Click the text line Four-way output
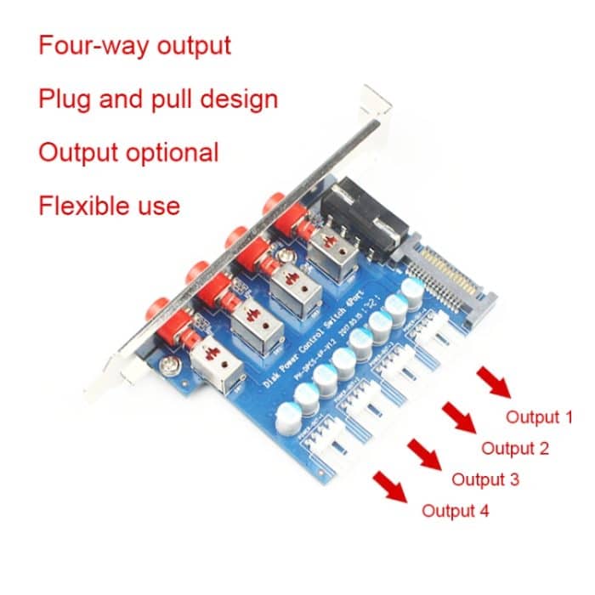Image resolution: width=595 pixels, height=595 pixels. click(x=134, y=45)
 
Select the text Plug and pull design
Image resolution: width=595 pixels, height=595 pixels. click(x=158, y=99)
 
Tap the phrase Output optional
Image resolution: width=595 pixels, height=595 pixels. click(x=128, y=153)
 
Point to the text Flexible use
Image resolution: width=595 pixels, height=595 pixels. click(x=109, y=206)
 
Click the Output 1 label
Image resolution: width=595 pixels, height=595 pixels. click(x=539, y=417)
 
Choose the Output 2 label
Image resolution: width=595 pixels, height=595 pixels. click(x=515, y=448)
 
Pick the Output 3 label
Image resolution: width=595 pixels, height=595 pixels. click(x=485, y=479)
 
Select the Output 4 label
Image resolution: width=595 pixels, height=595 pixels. click(x=456, y=511)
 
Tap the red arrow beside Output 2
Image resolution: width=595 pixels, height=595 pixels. click(x=459, y=417)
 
